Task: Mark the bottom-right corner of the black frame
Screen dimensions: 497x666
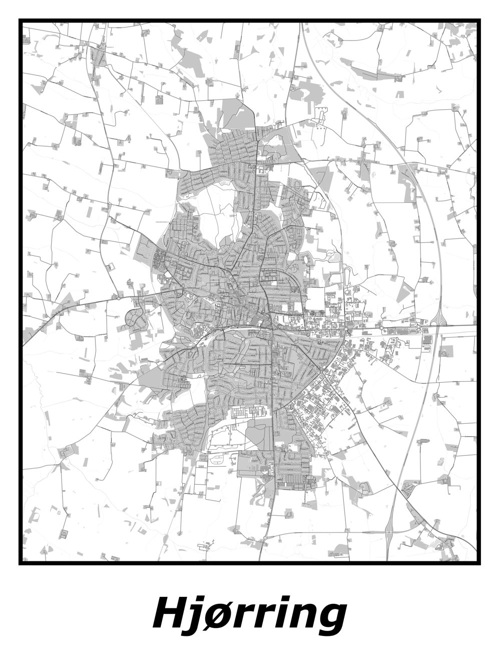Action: coord(479,563)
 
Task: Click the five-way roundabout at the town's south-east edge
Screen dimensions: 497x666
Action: coord(323,371)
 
